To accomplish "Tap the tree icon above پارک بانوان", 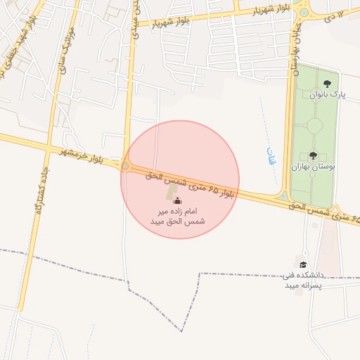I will click(x=327, y=84).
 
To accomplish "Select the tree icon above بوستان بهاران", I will click(x=313, y=155).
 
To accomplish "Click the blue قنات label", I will click(x=271, y=155).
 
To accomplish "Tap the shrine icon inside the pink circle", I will click(x=176, y=200).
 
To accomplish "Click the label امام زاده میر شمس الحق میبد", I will click(x=177, y=216).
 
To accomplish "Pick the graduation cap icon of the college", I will click(x=303, y=264).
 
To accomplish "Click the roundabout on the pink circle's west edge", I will click(x=126, y=167).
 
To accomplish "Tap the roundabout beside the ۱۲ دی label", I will click(x=304, y=11).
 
